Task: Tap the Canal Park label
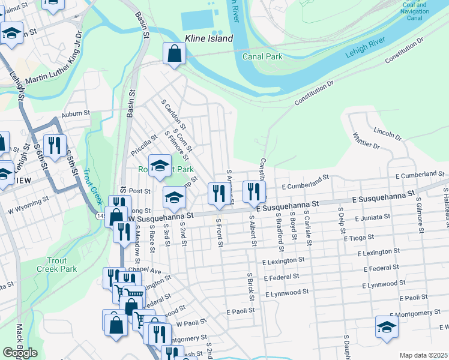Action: coord(262,56)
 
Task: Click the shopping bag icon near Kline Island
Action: coord(174,54)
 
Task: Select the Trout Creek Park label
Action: coord(62,265)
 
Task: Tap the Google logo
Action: coord(20,353)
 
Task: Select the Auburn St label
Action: coord(75,112)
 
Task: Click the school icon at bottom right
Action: coord(387,327)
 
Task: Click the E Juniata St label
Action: coord(373,217)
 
